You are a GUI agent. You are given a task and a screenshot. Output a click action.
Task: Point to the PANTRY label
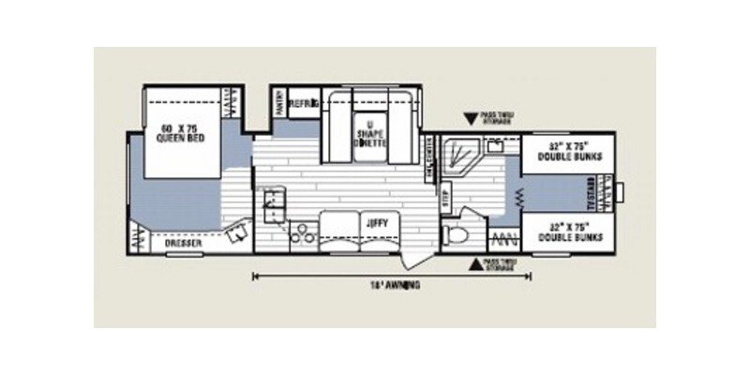(x=279, y=104)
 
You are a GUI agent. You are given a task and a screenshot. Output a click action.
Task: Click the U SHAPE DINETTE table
(x=367, y=130)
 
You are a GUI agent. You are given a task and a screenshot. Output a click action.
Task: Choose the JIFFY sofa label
(x=375, y=223)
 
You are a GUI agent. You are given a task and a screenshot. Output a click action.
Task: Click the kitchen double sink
(x=272, y=202)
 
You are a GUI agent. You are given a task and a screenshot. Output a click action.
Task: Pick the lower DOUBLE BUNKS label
(x=563, y=231)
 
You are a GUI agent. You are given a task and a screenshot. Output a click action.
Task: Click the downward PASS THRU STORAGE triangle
(x=470, y=119)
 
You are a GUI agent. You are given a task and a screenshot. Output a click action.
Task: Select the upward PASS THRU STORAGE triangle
(x=476, y=263)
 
